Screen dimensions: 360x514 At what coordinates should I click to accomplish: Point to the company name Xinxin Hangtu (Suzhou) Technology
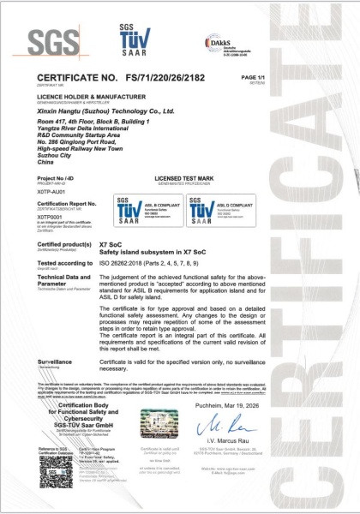tap(107, 111)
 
